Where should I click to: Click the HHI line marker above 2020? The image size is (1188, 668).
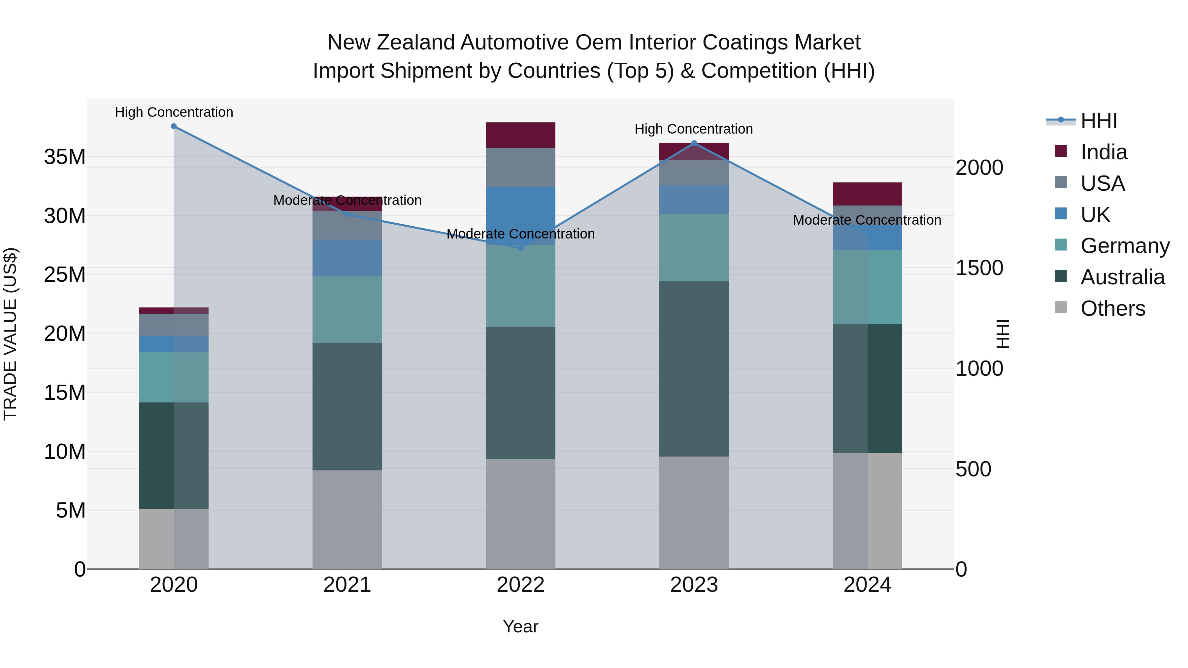[174, 126]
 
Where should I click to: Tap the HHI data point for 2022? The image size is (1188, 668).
[521, 248]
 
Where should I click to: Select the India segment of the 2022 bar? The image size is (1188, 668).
[521, 135]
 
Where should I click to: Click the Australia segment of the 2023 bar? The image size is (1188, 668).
[694, 369]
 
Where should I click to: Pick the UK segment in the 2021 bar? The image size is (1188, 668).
[347, 258]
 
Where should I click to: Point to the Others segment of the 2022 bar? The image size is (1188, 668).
[521, 514]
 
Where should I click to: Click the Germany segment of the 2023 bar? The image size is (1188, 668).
[694, 247]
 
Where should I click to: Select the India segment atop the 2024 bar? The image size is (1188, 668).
[868, 194]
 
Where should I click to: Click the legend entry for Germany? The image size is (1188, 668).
[1124, 246]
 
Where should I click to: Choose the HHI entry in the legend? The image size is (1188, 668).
[1099, 121]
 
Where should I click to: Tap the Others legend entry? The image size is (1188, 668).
[1112, 308]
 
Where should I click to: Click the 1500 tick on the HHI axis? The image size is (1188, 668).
[979, 268]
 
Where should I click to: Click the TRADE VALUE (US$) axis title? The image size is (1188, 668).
[10, 334]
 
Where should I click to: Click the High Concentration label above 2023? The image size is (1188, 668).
[694, 129]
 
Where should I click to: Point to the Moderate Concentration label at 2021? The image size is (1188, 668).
[347, 201]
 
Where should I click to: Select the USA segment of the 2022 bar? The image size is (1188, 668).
[521, 167]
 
